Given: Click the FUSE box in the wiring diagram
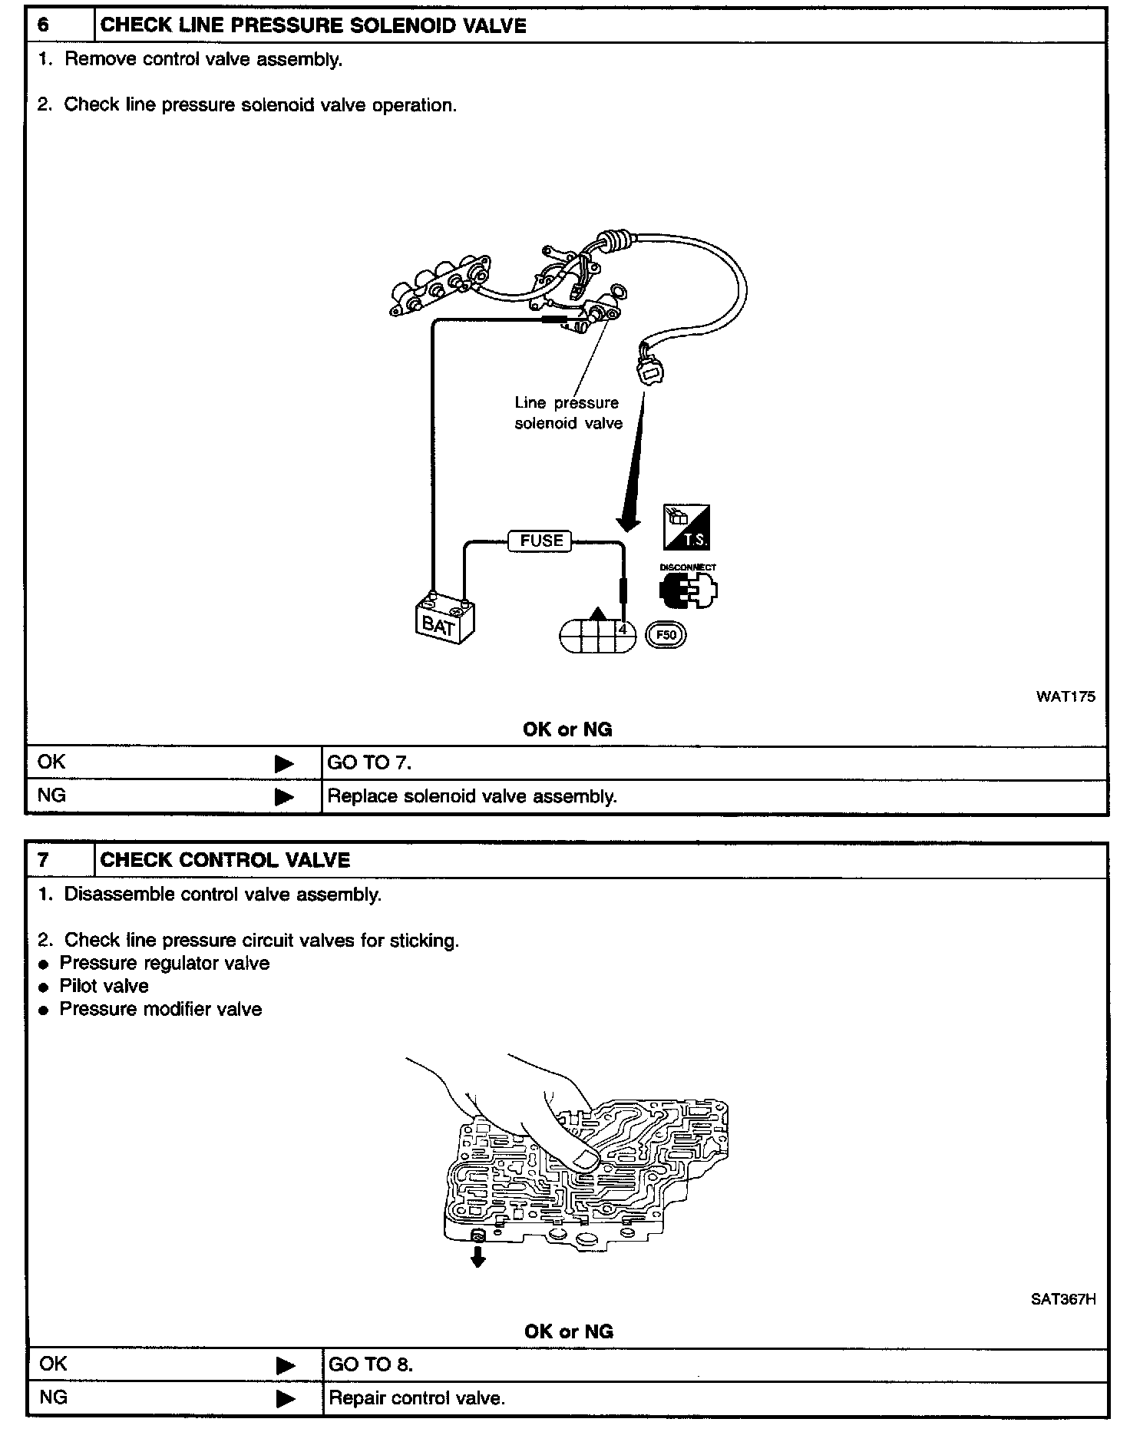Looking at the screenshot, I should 541,541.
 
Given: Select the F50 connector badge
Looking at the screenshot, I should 666,635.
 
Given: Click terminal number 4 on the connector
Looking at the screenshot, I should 623,630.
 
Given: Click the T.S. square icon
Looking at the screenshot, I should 686,527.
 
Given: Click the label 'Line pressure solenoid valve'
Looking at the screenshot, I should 568,413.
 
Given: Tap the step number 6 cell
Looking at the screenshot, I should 44,25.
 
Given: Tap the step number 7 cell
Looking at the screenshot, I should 44,860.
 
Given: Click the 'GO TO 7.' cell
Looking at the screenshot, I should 369,762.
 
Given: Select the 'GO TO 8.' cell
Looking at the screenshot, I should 371,1364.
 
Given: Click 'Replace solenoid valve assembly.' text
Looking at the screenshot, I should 472,796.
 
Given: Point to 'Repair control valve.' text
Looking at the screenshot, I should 417,1398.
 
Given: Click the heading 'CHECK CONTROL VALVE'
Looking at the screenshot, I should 225,860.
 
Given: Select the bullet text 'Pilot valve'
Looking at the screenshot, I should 104,986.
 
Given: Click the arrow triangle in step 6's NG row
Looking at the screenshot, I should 284,797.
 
